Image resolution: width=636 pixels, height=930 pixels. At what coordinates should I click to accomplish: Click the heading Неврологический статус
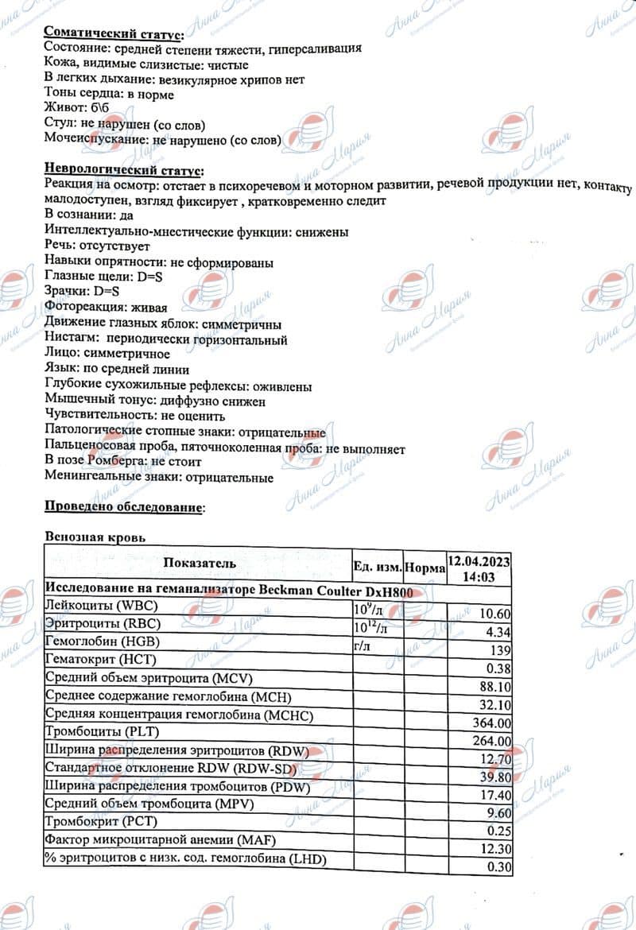[x=122, y=170]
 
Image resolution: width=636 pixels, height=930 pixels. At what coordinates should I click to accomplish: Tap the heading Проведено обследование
[x=123, y=506]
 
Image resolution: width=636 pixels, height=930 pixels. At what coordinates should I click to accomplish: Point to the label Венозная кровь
[x=95, y=538]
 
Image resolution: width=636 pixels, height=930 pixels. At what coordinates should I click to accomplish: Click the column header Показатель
[x=199, y=564]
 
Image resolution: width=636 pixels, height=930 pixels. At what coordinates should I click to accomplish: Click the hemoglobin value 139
[x=500, y=650]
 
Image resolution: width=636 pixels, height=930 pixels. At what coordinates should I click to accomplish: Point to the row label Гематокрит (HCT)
[x=101, y=660]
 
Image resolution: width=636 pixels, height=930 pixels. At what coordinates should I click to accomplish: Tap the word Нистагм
[x=71, y=340]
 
